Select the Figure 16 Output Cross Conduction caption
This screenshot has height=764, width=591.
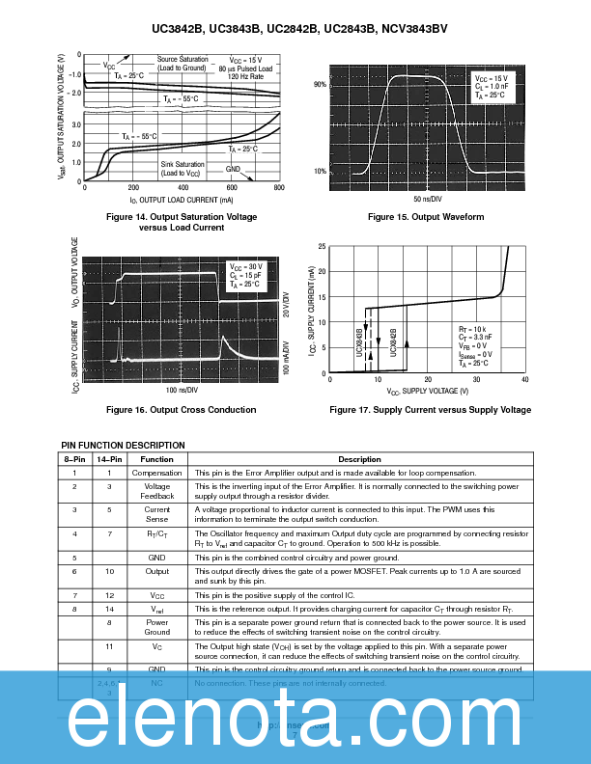coord(183,410)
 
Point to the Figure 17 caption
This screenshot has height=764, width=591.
coord(430,410)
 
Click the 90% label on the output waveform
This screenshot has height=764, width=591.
coord(320,86)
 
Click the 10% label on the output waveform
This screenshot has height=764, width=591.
coord(320,172)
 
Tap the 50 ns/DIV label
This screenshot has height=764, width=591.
coord(426,198)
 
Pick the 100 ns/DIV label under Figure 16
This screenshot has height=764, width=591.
coord(182,390)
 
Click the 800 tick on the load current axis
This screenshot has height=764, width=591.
coord(279,189)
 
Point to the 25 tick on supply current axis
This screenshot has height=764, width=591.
coord(322,248)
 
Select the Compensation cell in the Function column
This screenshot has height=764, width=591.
coord(156,474)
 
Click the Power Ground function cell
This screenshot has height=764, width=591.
coord(156,627)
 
